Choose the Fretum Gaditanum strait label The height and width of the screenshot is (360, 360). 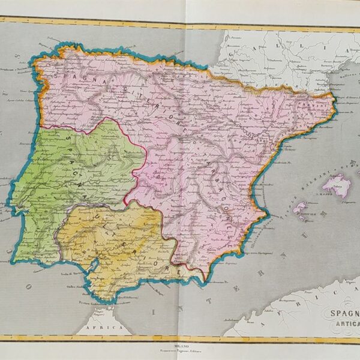[84, 302]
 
